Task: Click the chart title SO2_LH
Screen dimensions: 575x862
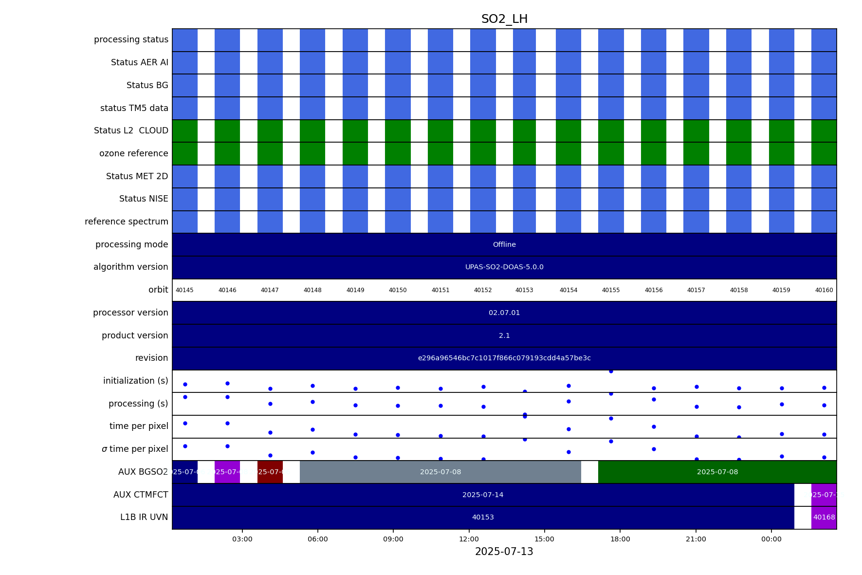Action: point(504,19)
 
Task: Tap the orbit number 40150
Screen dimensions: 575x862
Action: point(398,290)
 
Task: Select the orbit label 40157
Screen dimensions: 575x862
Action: point(696,290)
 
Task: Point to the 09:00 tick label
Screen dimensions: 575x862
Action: point(393,539)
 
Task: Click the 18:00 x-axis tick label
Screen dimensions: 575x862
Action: point(620,539)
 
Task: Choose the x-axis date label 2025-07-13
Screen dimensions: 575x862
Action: point(504,552)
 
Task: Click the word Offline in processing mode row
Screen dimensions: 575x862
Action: point(504,244)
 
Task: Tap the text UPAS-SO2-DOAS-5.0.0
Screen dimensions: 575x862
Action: point(504,267)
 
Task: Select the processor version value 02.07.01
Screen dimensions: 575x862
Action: point(504,313)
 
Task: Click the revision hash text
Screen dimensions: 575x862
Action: point(504,358)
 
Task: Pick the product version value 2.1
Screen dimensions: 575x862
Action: point(504,335)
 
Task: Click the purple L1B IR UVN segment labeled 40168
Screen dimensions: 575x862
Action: point(824,518)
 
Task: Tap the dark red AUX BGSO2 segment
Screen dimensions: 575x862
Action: point(270,472)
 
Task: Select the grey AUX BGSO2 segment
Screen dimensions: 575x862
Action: point(440,472)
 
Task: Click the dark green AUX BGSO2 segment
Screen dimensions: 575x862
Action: point(717,472)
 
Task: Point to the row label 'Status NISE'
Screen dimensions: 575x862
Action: point(144,199)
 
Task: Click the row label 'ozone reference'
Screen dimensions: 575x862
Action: point(134,153)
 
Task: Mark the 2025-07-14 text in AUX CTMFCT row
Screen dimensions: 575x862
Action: point(483,495)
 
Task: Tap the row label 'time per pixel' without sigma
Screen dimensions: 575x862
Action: point(139,426)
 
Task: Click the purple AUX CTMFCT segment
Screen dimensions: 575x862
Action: point(824,495)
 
